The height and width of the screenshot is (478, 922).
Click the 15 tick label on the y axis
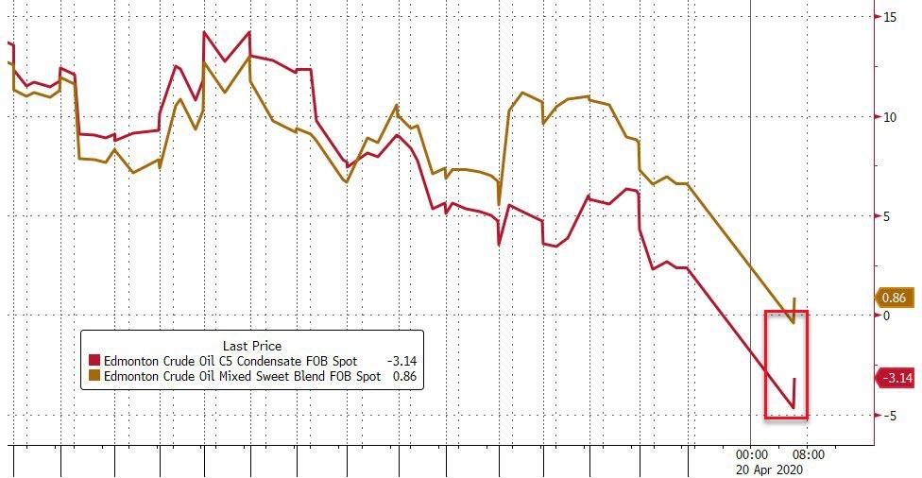click(891, 17)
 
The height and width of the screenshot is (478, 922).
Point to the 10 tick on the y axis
click(891, 117)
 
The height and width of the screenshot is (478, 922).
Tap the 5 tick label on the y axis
click(888, 216)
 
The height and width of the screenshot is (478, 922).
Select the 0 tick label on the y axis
click(888, 316)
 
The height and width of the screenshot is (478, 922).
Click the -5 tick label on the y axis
click(889, 416)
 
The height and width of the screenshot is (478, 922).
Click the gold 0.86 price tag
click(895, 297)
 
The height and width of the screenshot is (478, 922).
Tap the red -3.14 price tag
click(895, 379)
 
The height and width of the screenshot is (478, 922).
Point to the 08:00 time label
click(809, 453)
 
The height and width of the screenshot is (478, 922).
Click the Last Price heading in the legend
click(251, 346)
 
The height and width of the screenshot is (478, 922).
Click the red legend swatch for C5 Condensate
click(94, 361)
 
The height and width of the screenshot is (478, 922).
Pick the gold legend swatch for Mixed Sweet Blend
click(94, 376)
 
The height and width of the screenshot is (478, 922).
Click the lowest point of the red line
click(793, 407)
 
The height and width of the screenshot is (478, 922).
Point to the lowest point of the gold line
click(793, 323)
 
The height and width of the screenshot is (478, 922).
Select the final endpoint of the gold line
click(794, 298)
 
